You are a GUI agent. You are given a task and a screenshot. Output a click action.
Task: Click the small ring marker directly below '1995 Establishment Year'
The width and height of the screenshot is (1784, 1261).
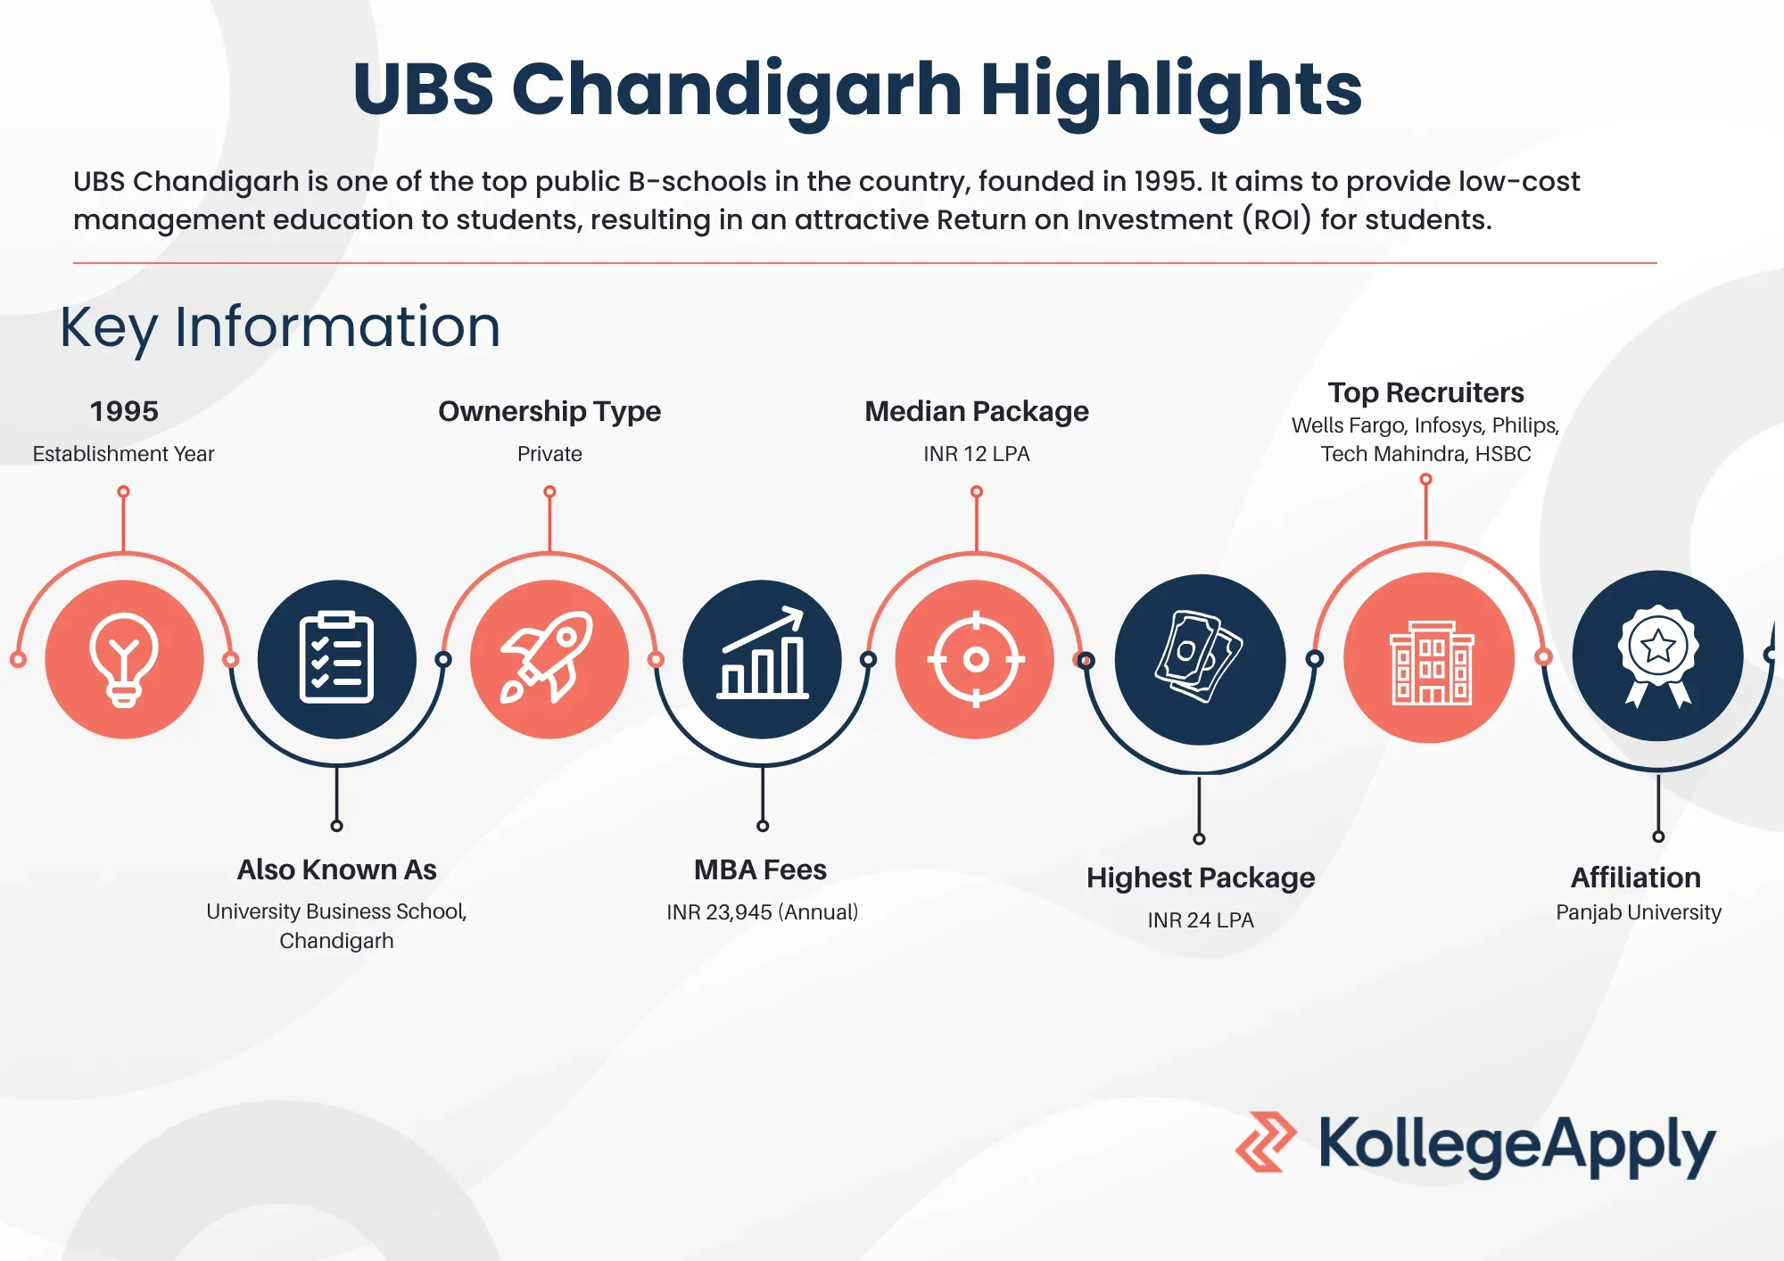coord(123,491)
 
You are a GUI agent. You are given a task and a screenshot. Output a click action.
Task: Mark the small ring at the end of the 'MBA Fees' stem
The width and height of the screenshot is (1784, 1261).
coord(763,826)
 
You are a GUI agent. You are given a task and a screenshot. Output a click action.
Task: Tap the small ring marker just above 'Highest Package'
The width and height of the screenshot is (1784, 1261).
coord(1199,838)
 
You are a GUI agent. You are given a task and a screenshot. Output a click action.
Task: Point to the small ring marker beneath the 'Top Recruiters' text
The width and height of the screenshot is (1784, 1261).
coord(1426,479)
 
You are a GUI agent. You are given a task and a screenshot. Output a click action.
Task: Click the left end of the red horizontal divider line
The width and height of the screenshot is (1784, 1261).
coord(73,263)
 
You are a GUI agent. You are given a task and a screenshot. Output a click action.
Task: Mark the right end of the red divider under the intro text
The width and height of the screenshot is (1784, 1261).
coord(1657,263)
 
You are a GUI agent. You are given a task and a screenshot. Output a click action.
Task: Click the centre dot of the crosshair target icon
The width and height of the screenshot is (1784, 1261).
coord(976,659)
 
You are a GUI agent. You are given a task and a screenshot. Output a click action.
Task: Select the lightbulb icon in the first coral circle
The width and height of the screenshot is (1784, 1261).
coord(124,660)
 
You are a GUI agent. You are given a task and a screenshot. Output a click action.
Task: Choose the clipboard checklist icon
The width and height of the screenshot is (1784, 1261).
coord(336,658)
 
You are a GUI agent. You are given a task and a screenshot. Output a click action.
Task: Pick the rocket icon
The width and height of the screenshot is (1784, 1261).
coord(546,657)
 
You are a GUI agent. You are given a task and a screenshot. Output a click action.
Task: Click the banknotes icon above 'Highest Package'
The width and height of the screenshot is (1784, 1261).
coord(1199,656)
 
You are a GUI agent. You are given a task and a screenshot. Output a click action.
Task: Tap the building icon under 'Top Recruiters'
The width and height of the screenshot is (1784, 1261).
coord(1431,663)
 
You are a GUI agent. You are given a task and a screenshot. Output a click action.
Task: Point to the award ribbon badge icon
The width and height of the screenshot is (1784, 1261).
coord(1658,656)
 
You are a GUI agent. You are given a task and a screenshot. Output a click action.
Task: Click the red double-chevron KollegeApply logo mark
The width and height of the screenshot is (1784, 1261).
coord(1266,1141)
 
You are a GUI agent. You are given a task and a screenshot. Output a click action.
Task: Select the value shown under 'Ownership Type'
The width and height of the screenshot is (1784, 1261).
coord(549,454)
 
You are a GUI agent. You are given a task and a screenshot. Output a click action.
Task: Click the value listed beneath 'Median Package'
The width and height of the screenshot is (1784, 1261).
coord(977,454)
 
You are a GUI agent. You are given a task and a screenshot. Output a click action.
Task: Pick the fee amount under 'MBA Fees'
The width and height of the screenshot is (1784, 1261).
coord(763,912)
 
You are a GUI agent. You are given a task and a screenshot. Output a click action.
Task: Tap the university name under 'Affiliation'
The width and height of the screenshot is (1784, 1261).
coord(1639,912)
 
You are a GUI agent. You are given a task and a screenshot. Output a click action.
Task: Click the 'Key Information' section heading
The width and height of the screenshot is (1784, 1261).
coord(280,327)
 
